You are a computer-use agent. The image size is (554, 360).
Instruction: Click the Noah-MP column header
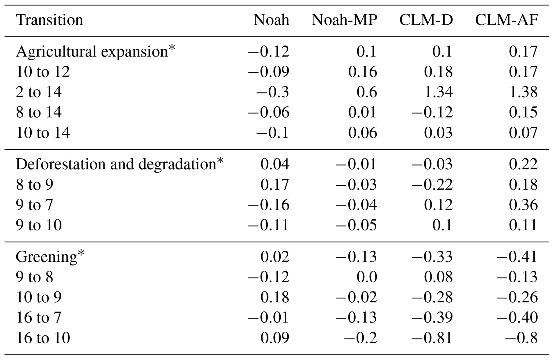click(x=344, y=20)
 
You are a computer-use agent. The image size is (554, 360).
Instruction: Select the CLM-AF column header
click(x=507, y=20)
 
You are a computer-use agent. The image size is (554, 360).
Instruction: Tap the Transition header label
click(x=50, y=20)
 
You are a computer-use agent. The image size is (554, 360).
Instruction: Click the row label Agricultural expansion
click(x=95, y=51)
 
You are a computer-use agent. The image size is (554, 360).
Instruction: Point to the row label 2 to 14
click(x=39, y=92)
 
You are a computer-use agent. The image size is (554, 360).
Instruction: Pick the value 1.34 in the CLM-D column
click(x=438, y=92)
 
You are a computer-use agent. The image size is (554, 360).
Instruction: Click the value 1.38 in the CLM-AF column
click(x=523, y=92)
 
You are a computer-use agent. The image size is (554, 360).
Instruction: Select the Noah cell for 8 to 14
click(x=269, y=112)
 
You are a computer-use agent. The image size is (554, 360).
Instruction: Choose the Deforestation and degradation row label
click(x=119, y=164)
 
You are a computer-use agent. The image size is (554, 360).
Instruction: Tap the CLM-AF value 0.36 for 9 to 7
click(x=523, y=205)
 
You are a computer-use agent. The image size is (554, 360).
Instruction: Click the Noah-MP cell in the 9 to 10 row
click(x=356, y=225)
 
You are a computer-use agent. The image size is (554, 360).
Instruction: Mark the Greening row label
click(x=50, y=257)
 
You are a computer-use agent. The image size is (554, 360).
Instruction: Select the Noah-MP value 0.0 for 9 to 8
click(x=367, y=277)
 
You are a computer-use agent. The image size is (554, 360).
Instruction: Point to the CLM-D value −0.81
click(x=432, y=338)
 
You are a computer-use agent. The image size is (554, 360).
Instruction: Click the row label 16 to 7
click(x=39, y=317)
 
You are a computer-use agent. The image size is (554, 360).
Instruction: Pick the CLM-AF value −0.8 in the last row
click(x=521, y=338)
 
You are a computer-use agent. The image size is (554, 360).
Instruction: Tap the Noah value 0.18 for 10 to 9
click(x=275, y=297)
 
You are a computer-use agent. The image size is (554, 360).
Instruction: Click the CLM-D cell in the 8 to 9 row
click(x=432, y=185)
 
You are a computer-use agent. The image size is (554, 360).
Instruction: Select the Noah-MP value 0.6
click(x=367, y=92)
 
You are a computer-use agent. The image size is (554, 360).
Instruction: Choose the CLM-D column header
click(x=426, y=20)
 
